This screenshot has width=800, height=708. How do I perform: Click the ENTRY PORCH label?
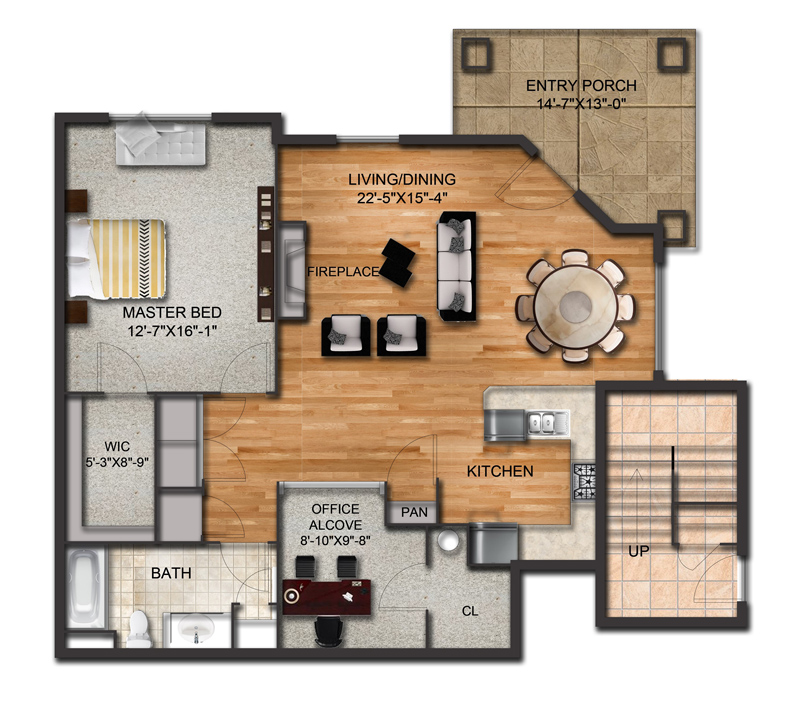pyautogui.click(x=581, y=86)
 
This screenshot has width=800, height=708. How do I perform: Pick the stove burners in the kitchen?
pyautogui.click(x=584, y=482)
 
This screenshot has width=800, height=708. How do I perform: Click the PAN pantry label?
pyautogui.click(x=414, y=512)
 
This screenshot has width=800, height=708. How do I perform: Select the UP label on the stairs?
pyautogui.click(x=640, y=551)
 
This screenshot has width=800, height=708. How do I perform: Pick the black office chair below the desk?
pyautogui.click(x=327, y=630)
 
